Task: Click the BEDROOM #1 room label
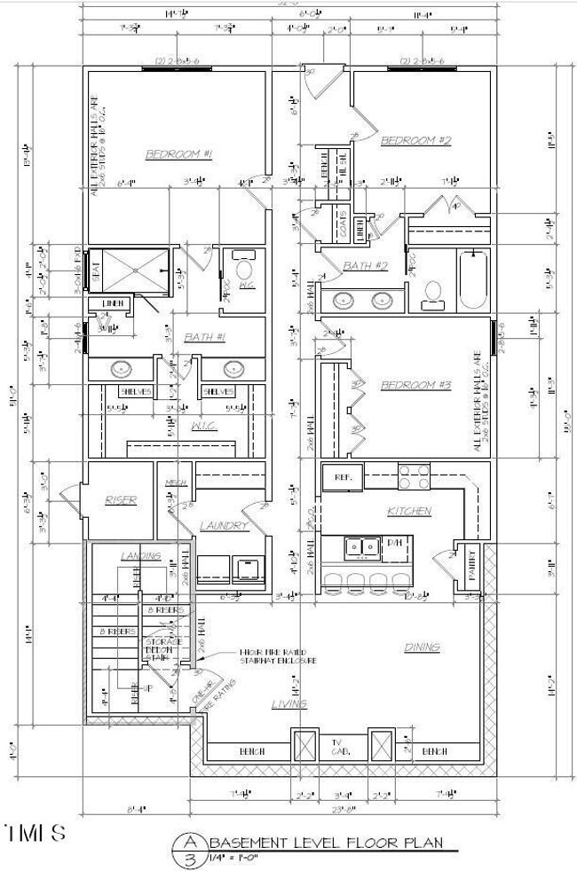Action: (179, 154)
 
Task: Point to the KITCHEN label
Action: (408, 511)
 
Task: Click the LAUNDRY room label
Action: (223, 526)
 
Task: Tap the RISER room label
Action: (120, 500)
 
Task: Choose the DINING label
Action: (423, 647)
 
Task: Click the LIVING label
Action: (289, 703)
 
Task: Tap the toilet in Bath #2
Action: (433, 294)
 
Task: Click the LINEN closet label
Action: (112, 304)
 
